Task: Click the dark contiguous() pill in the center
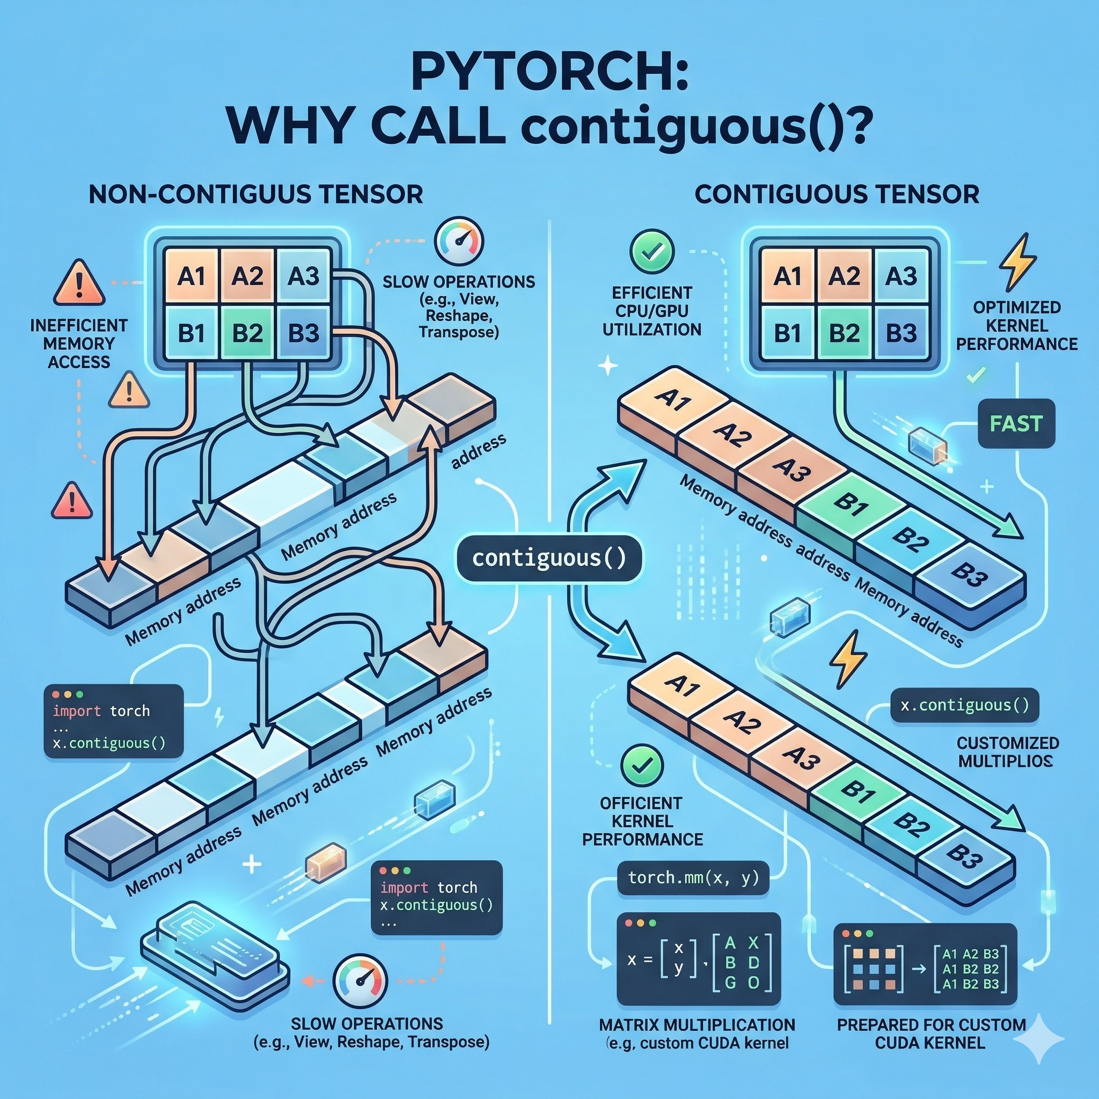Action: [x=549, y=558]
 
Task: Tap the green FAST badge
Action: [x=1016, y=423]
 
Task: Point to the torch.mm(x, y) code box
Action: [x=693, y=878]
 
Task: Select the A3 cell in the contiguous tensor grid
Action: [x=901, y=277]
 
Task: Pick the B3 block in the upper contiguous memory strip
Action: [x=966, y=570]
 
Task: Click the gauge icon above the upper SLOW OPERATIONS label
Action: [x=458, y=240]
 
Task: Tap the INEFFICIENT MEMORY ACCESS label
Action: [x=79, y=343]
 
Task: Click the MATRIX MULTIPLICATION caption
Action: [x=697, y=1024]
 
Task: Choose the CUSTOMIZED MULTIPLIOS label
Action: [x=1008, y=751]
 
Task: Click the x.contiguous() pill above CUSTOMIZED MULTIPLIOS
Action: [x=965, y=705]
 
